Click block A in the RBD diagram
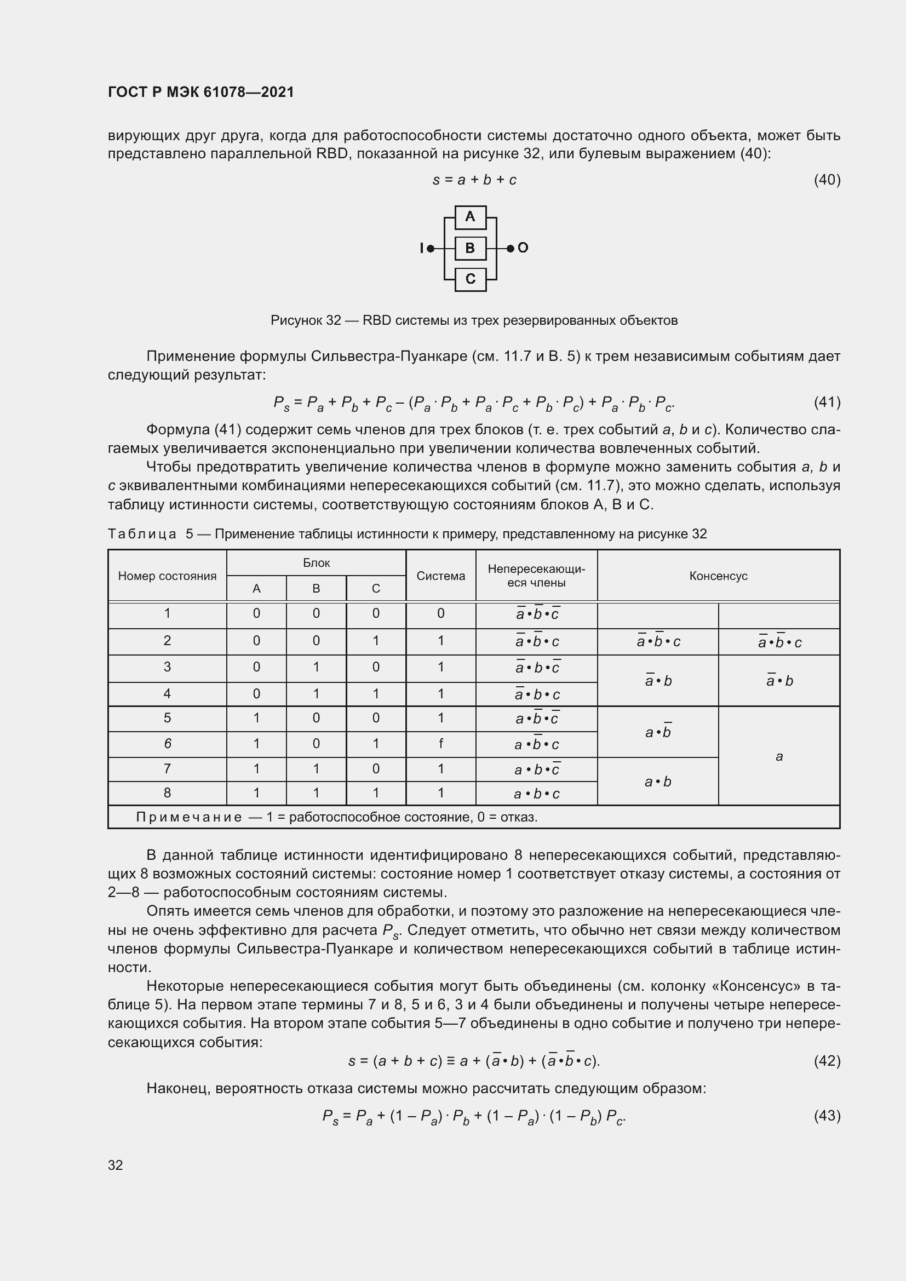(x=471, y=217)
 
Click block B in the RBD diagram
(x=471, y=248)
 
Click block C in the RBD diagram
(x=471, y=279)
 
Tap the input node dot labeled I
(x=430, y=248)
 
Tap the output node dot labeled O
(x=510, y=248)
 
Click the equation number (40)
(x=827, y=180)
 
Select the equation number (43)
(x=827, y=1115)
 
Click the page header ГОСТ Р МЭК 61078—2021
(x=201, y=92)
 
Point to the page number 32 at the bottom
(x=116, y=1165)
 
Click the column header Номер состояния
(x=167, y=576)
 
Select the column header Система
(x=441, y=576)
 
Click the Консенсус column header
(x=718, y=576)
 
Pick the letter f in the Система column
(x=441, y=744)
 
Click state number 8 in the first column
(x=167, y=793)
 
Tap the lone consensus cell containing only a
(x=779, y=756)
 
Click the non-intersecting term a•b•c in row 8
(x=536, y=794)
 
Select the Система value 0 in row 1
(x=441, y=614)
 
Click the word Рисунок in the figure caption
(x=296, y=320)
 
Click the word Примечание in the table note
(x=188, y=817)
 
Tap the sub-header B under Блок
(x=316, y=589)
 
